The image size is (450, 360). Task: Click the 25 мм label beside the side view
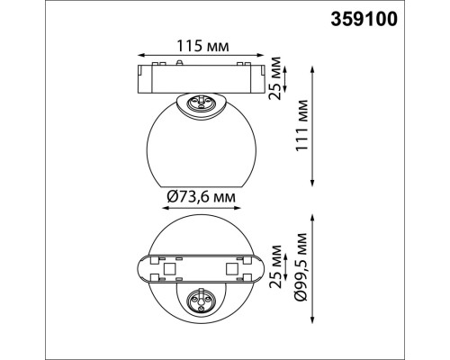[x=277, y=76]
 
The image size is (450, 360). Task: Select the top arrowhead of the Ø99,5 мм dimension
[x=311, y=215]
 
